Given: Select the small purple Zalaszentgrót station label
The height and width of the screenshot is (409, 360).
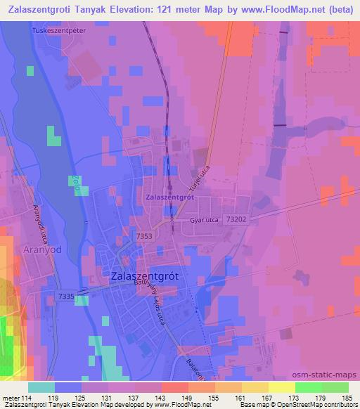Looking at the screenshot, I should [x=169, y=198].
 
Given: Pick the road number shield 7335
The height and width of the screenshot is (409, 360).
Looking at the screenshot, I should [x=67, y=297].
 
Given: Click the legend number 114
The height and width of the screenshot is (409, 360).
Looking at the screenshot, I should [x=28, y=397].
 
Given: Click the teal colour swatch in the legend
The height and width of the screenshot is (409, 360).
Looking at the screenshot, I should [x=41, y=387].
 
